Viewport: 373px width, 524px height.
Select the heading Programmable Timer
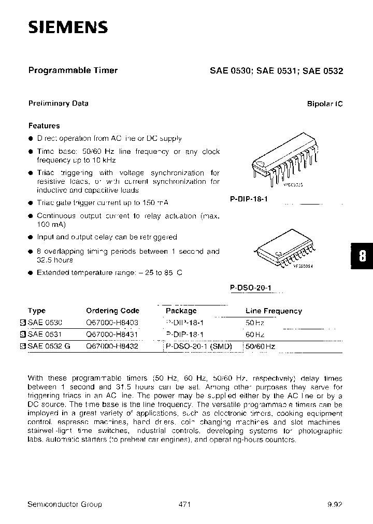73,70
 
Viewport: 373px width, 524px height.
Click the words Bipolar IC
325,104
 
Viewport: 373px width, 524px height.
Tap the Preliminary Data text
58,103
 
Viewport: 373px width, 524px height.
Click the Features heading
44,126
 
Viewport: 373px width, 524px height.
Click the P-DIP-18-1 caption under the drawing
248,199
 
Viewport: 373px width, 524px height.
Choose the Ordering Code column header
112,311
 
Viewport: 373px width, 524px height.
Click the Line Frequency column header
274,311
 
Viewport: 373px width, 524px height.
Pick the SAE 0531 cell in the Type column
44,334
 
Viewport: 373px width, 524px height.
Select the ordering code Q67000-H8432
112,346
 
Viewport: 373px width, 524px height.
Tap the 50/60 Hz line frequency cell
261,346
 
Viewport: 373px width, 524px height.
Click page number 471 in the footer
185,504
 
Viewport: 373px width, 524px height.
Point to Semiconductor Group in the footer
65,504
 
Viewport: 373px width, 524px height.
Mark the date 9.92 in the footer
334,504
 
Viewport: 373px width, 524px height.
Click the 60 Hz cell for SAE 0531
255,334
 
